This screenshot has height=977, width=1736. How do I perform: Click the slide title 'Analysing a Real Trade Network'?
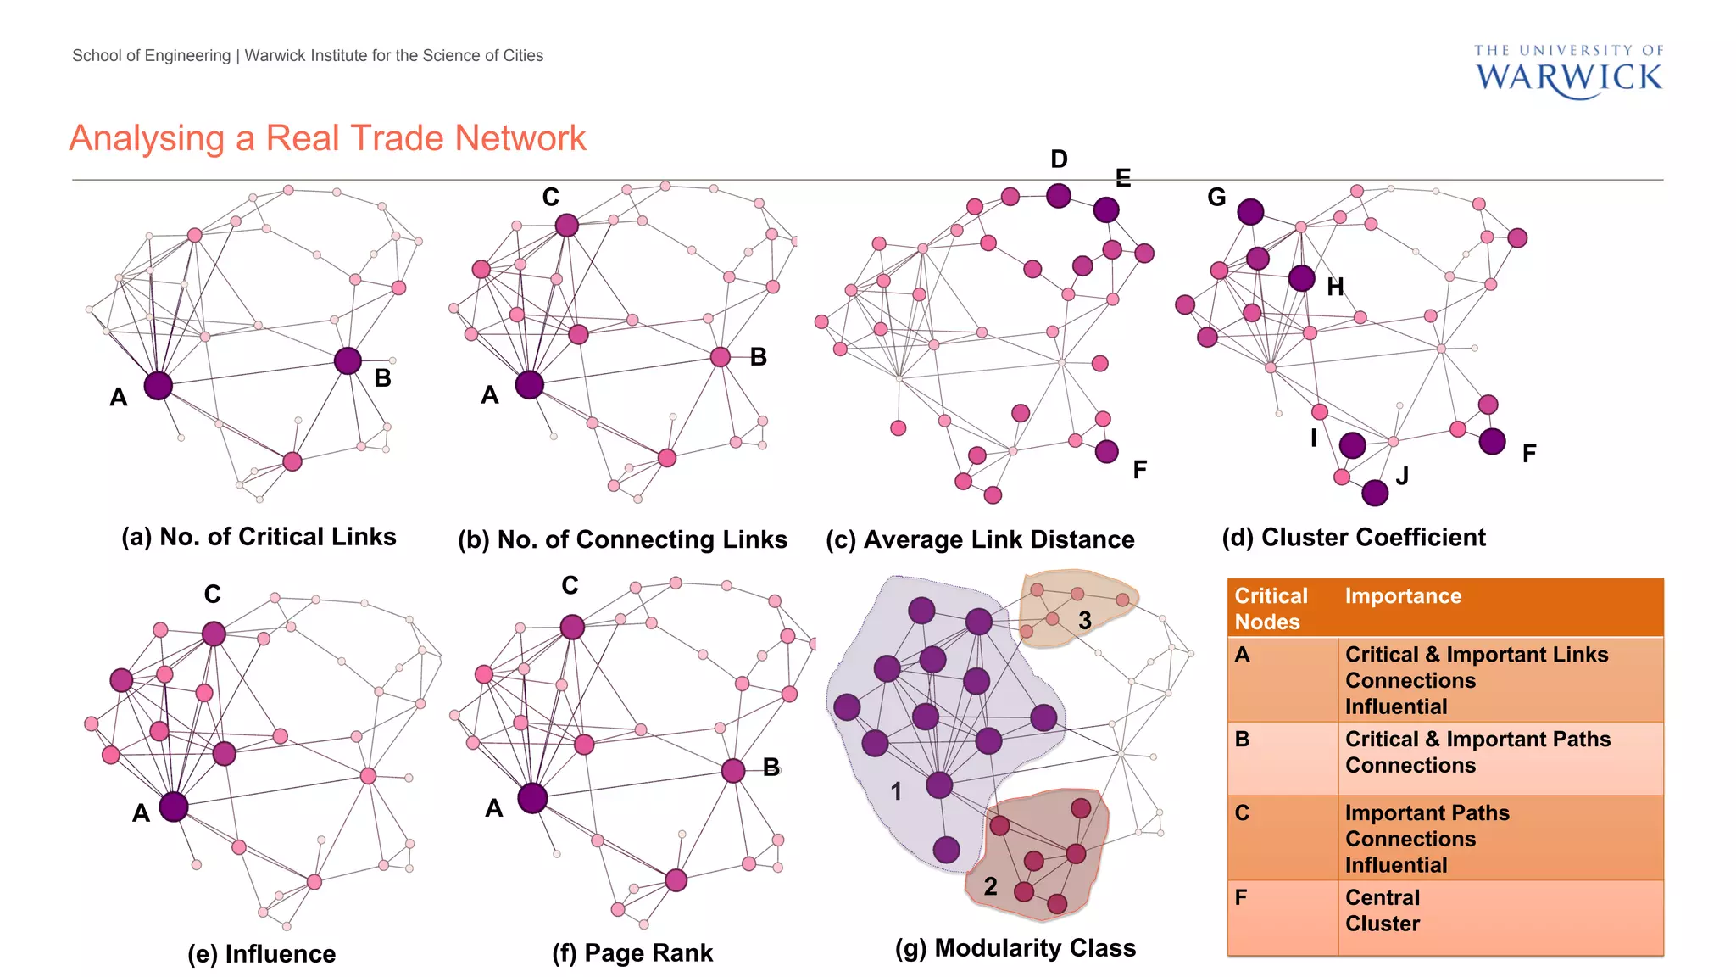coord(327,138)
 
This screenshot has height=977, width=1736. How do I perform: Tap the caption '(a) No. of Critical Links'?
coord(259,537)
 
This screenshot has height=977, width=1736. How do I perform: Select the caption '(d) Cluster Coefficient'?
coord(1354,538)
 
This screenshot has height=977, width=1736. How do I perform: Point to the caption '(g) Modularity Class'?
coord(1015,948)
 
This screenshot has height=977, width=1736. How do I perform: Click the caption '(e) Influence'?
coord(261,954)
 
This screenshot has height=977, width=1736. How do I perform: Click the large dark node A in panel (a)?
coord(158,386)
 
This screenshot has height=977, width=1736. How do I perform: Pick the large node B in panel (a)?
coord(348,360)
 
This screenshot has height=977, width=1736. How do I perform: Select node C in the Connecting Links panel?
coord(566,225)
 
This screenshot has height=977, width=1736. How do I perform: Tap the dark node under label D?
coord(1058,196)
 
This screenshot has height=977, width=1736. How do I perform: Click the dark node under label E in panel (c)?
coord(1105,209)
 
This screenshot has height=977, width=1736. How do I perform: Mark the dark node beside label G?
coord(1250,212)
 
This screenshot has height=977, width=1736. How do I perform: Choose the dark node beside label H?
coord(1301,277)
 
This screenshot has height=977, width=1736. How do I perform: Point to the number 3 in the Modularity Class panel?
coord(1084,621)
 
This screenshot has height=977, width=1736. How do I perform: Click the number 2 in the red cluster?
coord(990,886)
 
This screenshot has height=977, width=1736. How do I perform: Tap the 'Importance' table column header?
coord(1403,596)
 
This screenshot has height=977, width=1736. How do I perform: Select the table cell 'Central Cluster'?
coord(1383,911)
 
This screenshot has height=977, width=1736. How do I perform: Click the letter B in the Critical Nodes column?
coord(1242,740)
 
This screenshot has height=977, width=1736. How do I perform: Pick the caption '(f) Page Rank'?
coord(632,953)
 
